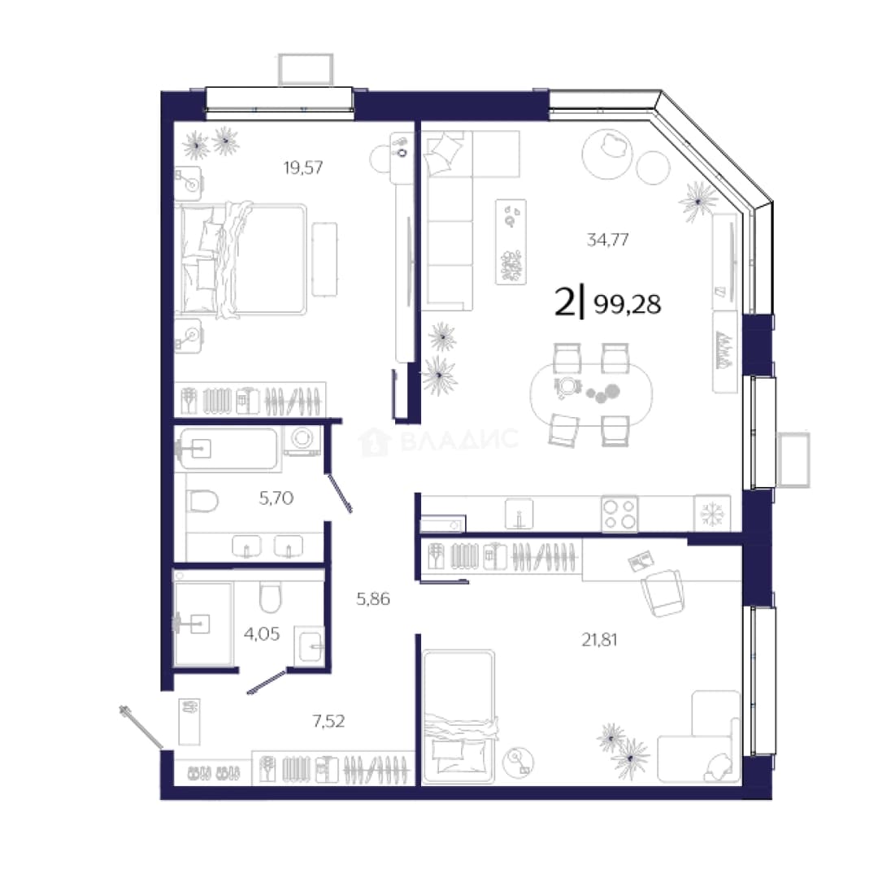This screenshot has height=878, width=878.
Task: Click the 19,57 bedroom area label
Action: [x=303, y=167]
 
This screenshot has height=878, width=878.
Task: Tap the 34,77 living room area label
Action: [x=607, y=240]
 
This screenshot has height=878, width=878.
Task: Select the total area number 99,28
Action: [x=627, y=304]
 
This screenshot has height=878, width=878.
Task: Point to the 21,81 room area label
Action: [x=599, y=640]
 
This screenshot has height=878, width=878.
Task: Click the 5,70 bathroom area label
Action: [x=276, y=498]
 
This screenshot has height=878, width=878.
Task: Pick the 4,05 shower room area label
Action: [x=262, y=634]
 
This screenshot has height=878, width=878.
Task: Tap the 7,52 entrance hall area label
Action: [x=328, y=721]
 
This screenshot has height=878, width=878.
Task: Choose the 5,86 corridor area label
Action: [x=373, y=599]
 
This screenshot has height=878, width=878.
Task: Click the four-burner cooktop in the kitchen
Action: [x=619, y=514]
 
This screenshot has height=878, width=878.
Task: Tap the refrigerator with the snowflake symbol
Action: [x=712, y=513]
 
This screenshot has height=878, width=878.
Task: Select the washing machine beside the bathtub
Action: [x=303, y=440]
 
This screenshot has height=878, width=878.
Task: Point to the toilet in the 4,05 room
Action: [x=270, y=597]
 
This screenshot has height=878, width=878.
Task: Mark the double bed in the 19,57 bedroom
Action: [x=241, y=260]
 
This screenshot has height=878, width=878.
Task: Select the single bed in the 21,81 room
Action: [x=459, y=717]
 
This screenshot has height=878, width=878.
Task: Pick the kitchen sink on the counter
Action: [x=519, y=514]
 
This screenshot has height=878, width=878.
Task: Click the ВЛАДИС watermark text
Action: [x=459, y=440]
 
